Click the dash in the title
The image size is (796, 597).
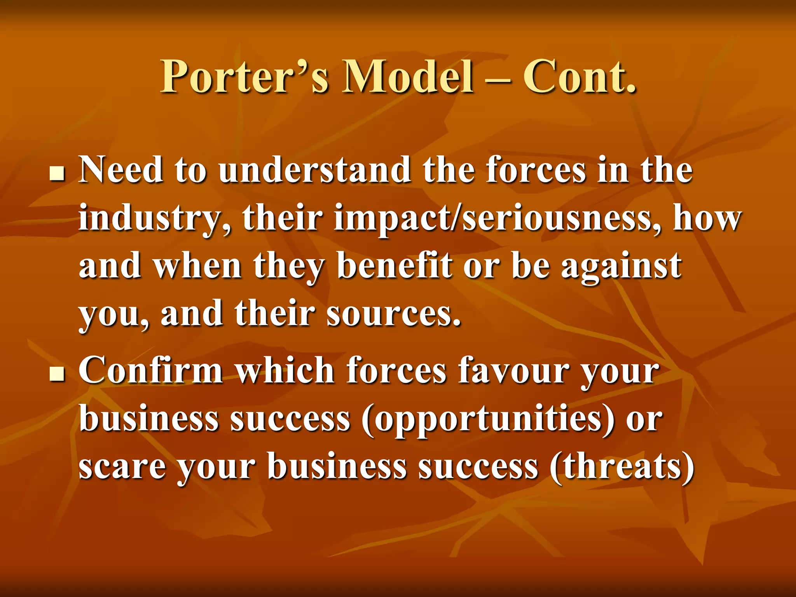498,80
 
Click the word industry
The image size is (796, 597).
153,218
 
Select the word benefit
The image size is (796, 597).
395,266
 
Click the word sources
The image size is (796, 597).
393,314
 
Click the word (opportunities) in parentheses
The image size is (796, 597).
488,420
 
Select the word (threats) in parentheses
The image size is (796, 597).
622,467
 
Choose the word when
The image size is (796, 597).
197,266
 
